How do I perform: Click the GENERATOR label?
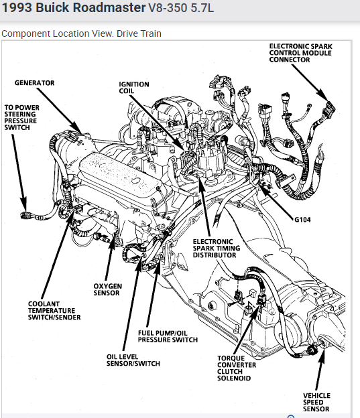(x=34, y=83)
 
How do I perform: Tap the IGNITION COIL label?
(x=134, y=88)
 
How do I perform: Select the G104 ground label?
(x=302, y=220)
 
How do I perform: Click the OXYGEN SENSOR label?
(x=107, y=289)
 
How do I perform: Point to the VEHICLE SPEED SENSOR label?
(x=316, y=403)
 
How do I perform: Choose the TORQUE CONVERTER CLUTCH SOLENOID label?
(x=237, y=368)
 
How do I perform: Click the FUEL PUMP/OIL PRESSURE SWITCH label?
(x=168, y=336)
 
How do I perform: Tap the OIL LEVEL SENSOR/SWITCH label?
(x=133, y=360)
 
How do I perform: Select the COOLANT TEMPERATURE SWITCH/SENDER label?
(x=54, y=311)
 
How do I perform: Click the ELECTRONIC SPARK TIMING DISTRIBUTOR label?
(x=217, y=248)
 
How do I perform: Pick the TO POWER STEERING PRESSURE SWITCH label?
(x=21, y=118)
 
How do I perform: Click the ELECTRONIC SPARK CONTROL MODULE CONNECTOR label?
(x=300, y=53)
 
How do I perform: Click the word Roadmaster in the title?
(x=109, y=8)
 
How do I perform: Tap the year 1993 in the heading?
(x=17, y=8)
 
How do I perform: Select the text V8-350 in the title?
(x=168, y=8)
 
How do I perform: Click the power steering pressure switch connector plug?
(x=26, y=216)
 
